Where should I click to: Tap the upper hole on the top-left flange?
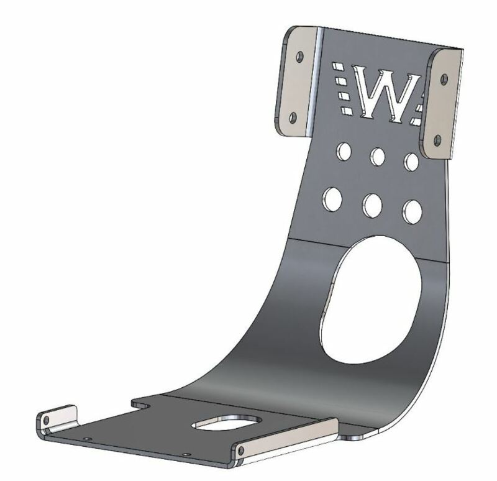pyautogui.click(x=300, y=57)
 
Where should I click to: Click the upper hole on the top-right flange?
pyautogui.click(x=444, y=78)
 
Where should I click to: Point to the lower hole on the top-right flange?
pyautogui.click(x=437, y=138)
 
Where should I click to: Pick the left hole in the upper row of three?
pyautogui.click(x=342, y=150)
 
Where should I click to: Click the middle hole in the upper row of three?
pyautogui.click(x=376, y=157)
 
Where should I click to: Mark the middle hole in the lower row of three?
pyautogui.click(x=373, y=204)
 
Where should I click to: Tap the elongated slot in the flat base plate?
pyautogui.click(x=228, y=423)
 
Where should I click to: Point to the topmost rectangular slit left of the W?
pyautogui.click(x=338, y=65)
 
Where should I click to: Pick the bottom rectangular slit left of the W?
pyautogui.click(x=347, y=111)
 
